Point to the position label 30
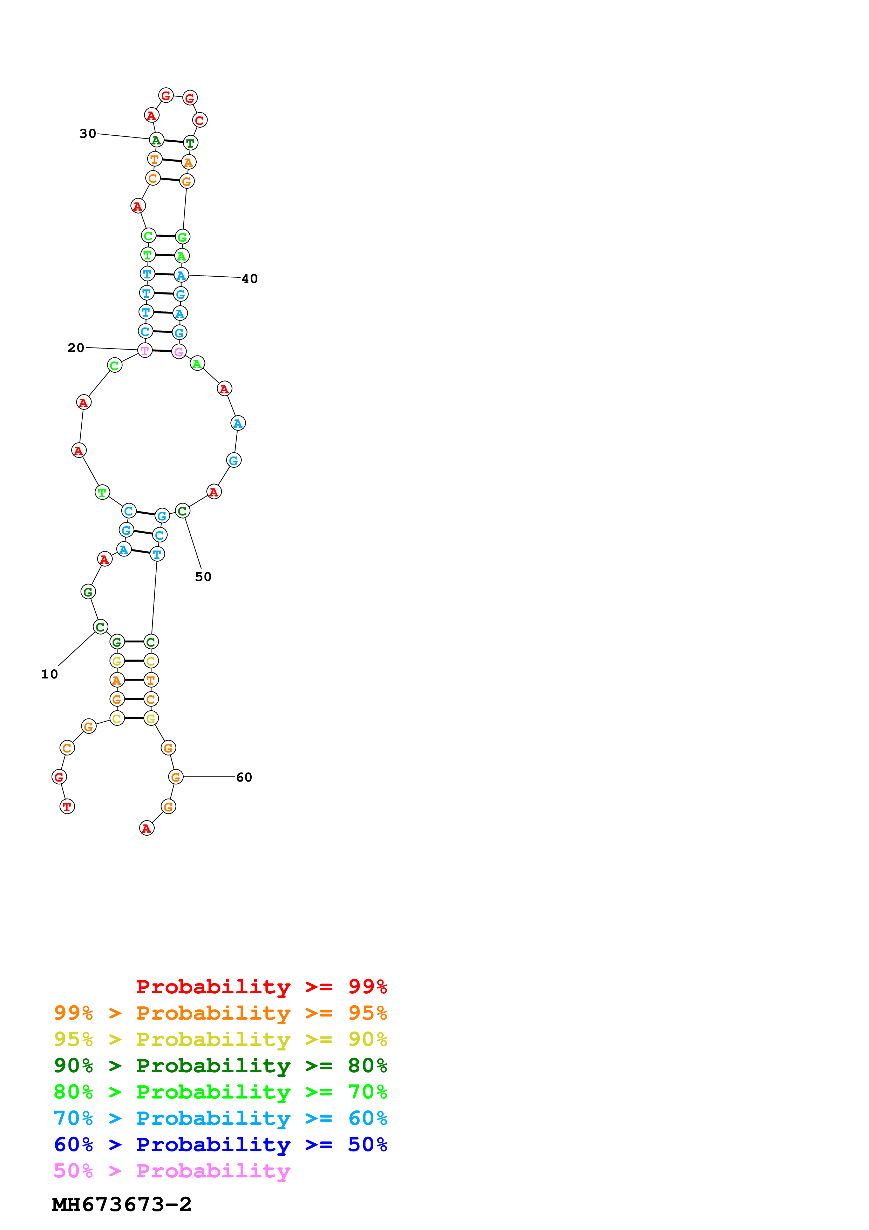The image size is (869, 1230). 88,133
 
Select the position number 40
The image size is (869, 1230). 250,278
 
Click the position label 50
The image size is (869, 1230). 203,576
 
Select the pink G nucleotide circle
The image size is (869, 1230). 179,352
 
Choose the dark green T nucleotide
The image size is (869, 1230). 191,142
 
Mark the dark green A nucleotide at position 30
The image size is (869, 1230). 156,140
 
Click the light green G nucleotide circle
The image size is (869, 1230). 183,237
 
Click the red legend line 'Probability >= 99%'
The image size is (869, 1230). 261,986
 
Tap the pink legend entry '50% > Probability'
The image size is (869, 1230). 172,1170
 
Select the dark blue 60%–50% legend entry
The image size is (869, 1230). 220,1144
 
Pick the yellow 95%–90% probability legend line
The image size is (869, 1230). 220,1039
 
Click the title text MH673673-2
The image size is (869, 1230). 122,1204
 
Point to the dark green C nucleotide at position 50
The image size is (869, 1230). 183,511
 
